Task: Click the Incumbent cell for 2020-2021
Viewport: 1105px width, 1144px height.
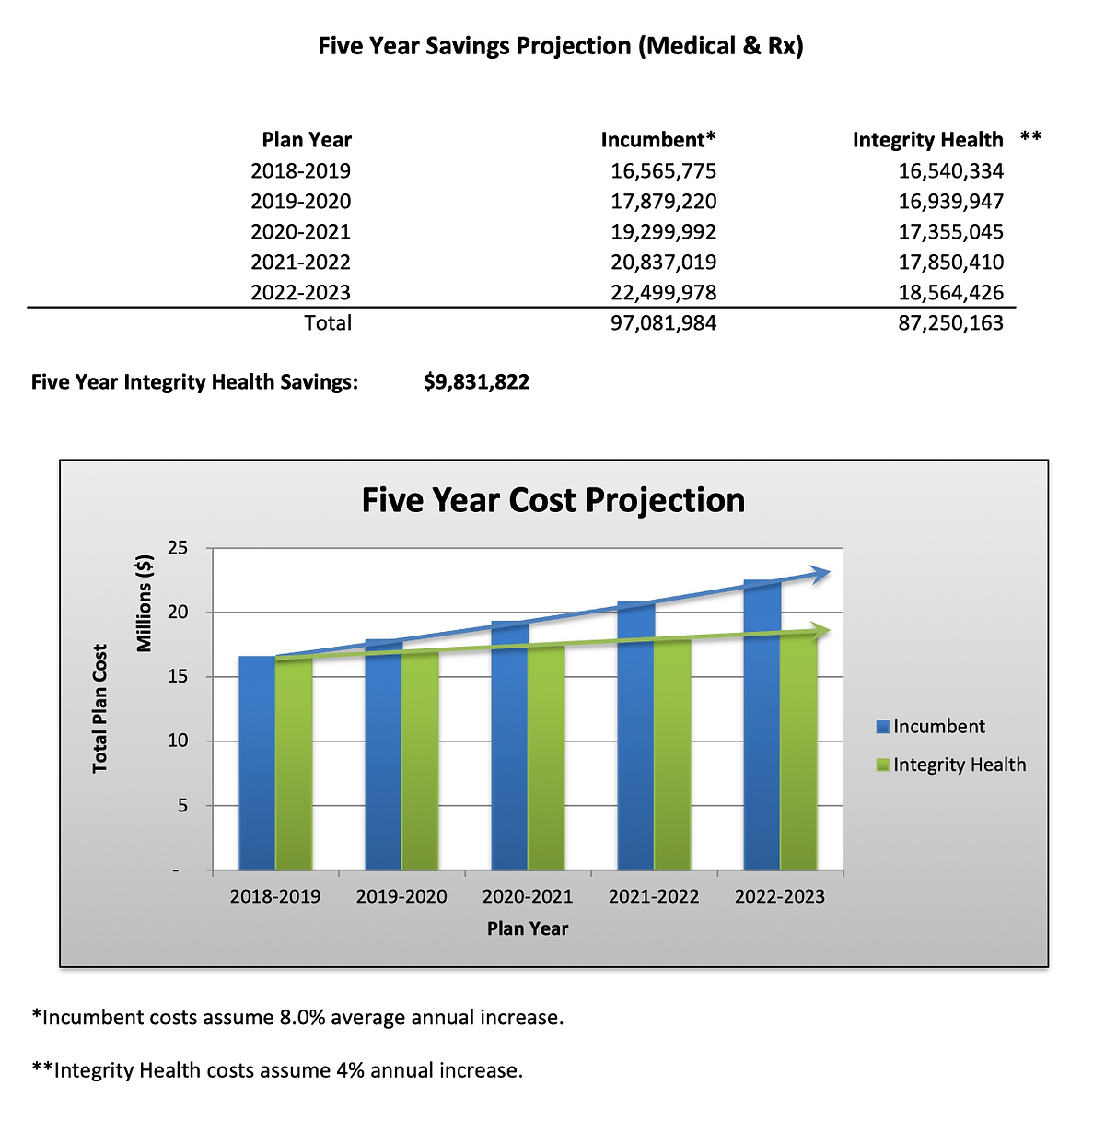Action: pos(663,232)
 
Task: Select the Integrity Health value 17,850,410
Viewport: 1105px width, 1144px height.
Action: pos(950,263)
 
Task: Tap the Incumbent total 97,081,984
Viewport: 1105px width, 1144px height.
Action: pos(663,323)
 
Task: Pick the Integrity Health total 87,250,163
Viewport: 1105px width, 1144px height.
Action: pos(950,323)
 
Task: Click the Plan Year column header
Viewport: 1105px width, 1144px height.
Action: pos(307,140)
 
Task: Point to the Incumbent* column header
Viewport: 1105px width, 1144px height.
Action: pos(657,140)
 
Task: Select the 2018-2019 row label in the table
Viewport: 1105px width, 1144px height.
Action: pos(300,171)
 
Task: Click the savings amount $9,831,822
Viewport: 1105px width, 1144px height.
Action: pos(476,382)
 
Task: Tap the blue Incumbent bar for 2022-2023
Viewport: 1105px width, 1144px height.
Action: pos(762,728)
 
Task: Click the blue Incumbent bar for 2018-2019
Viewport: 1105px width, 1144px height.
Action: pos(257,765)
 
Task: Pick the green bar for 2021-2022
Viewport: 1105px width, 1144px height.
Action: pos(672,755)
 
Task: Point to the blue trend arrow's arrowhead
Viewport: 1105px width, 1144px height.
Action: pos(820,573)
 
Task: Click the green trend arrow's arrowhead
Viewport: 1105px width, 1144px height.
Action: pos(820,630)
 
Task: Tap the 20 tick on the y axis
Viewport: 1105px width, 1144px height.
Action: pos(178,613)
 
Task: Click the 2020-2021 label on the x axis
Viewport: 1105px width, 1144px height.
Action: pos(527,896)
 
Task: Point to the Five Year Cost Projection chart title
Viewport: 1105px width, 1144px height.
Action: pos(552,500)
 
